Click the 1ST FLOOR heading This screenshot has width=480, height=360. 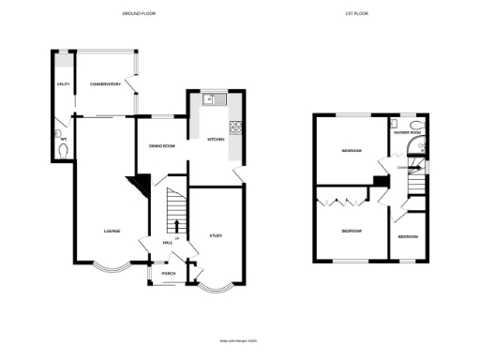tap(369, 14)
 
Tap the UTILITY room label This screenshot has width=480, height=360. tap(64, 85)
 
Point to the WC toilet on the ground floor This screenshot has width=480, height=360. tap(64, 149)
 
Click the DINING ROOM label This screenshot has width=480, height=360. tap(162, 145)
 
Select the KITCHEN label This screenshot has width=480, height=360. tap(215, 140)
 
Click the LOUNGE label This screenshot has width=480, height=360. tap(111, 231)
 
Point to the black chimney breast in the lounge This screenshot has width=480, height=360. tap(140, 186)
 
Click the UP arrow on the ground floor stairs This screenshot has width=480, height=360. tap(176, 224)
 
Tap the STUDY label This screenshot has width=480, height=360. tap(215, 235)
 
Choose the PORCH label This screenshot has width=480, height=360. tap(169, 274)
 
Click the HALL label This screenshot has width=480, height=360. tap(168, 243)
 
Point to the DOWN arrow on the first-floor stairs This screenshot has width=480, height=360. tap(403, 169)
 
